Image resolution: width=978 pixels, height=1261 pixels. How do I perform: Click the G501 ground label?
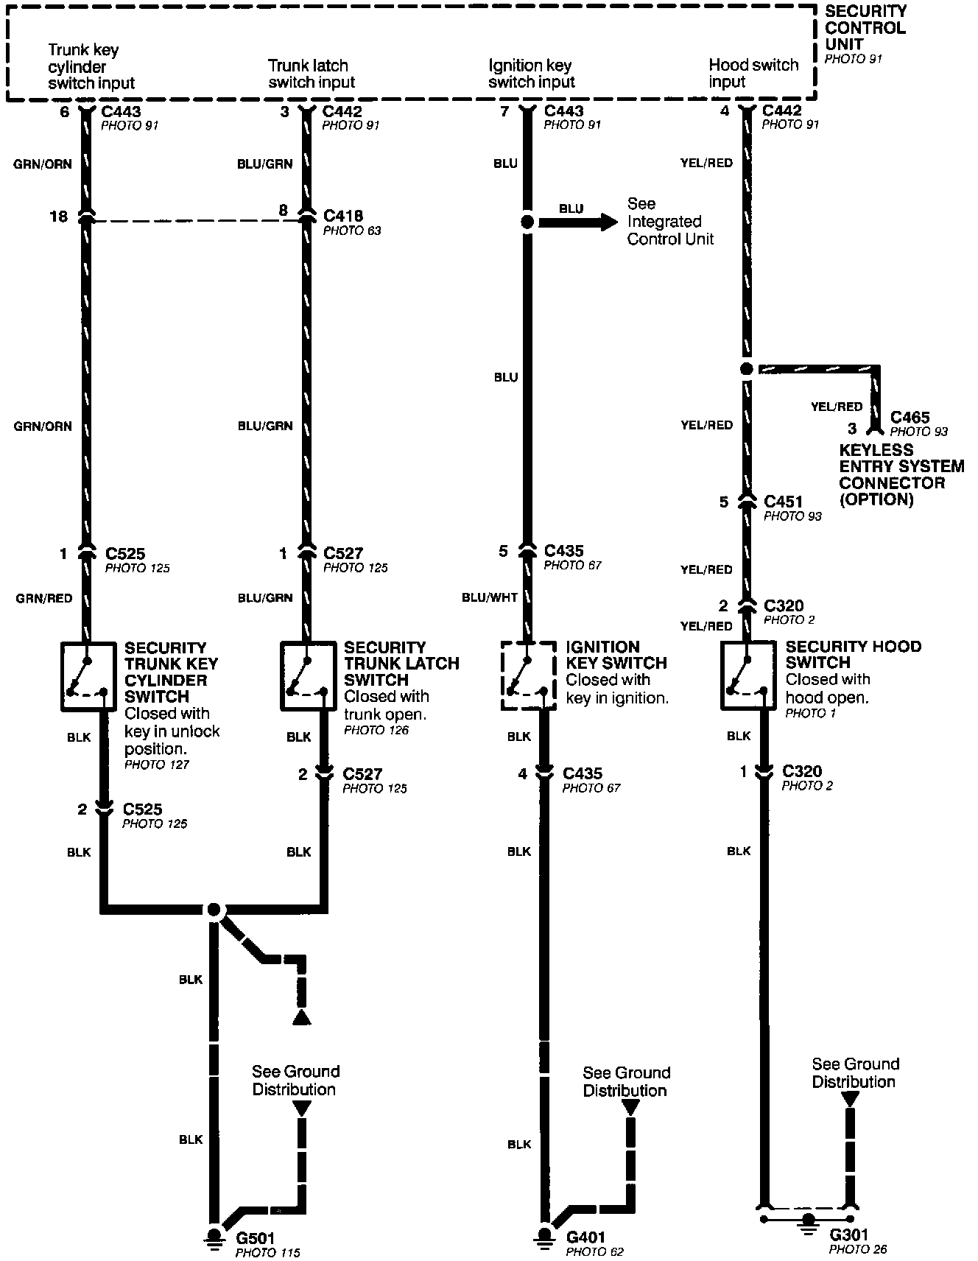254,1238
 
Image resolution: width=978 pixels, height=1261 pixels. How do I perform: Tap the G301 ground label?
849,1235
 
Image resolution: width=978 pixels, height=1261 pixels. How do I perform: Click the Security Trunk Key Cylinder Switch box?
88,676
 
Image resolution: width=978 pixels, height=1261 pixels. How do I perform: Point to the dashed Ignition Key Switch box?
529,676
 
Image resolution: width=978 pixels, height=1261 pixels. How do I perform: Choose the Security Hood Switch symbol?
748,676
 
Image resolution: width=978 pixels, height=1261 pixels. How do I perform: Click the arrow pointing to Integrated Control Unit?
579,222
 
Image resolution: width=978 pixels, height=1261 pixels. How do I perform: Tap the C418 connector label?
343,216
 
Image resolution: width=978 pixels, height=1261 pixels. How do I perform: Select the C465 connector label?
910,418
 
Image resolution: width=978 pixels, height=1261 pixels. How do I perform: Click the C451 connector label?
784,502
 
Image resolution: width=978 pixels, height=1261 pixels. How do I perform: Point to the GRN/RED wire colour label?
44,599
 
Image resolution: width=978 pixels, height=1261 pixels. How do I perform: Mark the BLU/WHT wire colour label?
489,598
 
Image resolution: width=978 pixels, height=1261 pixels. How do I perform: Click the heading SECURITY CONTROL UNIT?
865,28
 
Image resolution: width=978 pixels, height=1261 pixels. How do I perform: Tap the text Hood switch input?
753,73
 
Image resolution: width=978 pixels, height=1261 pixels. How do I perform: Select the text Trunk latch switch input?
311,74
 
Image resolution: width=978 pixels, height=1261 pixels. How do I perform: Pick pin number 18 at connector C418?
58,217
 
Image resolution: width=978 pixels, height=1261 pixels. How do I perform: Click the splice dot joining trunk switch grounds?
214,910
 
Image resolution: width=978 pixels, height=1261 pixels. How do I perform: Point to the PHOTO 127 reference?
157,765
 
